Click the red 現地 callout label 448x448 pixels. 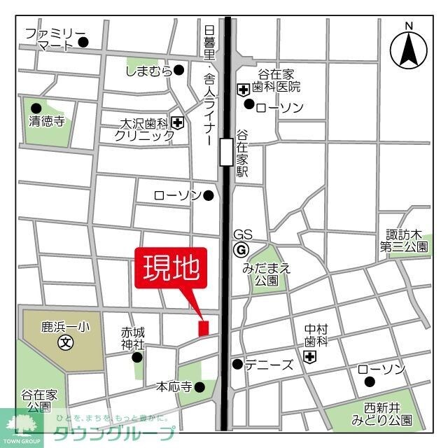tap(171, 268)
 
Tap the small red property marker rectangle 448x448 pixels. tap(204, 327)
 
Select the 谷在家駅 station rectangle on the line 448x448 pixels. tap(225, 152)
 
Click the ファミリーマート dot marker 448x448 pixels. tap(84, 42)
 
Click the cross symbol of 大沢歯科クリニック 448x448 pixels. tap(178, 123)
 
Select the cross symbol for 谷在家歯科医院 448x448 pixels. tap(244, 89)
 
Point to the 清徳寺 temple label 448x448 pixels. tap(47, 121)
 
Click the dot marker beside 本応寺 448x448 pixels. tap(200, 386)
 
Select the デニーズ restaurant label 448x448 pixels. tap(268, 364)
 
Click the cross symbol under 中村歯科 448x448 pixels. tap(310, 358)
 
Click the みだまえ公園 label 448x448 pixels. tap(267, 274)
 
